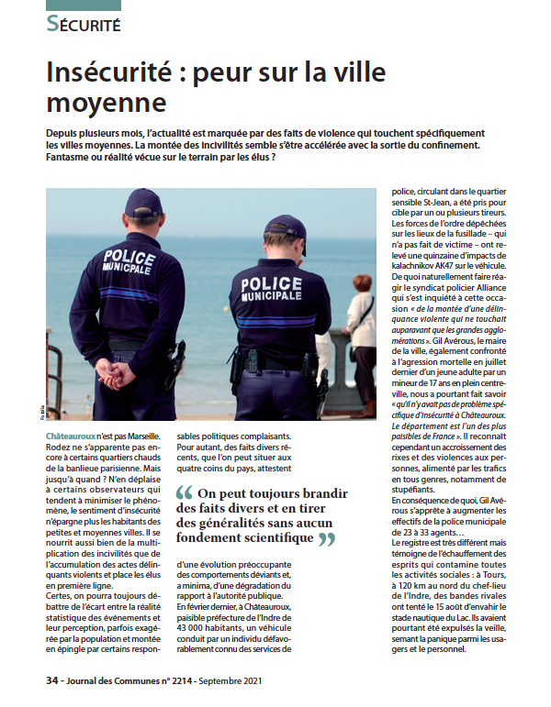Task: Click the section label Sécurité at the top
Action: coord(84,24)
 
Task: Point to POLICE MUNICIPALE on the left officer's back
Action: coord(129,262)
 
